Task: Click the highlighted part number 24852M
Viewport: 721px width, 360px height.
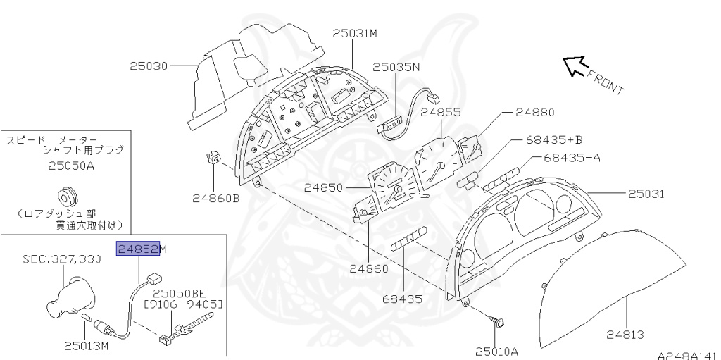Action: [142, 249]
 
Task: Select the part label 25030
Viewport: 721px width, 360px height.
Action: [149, 67]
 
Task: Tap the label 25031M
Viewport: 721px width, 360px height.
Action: [356, 33]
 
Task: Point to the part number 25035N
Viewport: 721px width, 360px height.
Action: [396, 68]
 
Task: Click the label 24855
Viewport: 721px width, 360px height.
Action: [441, 112]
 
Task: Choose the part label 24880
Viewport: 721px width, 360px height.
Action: [534, 112]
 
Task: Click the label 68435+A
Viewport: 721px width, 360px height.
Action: [571, 158]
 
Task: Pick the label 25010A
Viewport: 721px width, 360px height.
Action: [496, 350]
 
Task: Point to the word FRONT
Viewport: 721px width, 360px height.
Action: [605, 82]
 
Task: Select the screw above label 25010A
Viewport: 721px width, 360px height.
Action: [501, 323]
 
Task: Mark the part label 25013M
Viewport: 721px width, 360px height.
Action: [86, 345]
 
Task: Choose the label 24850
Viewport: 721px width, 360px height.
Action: [324, 188]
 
